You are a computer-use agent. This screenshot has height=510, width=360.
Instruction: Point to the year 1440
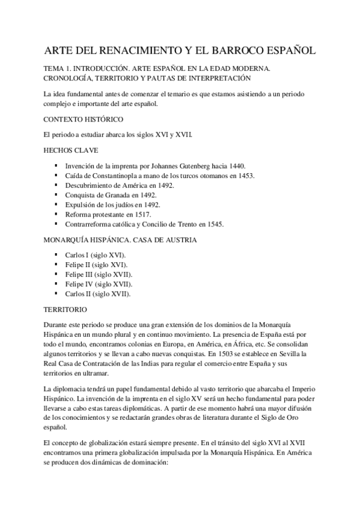[x=239, y=165]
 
